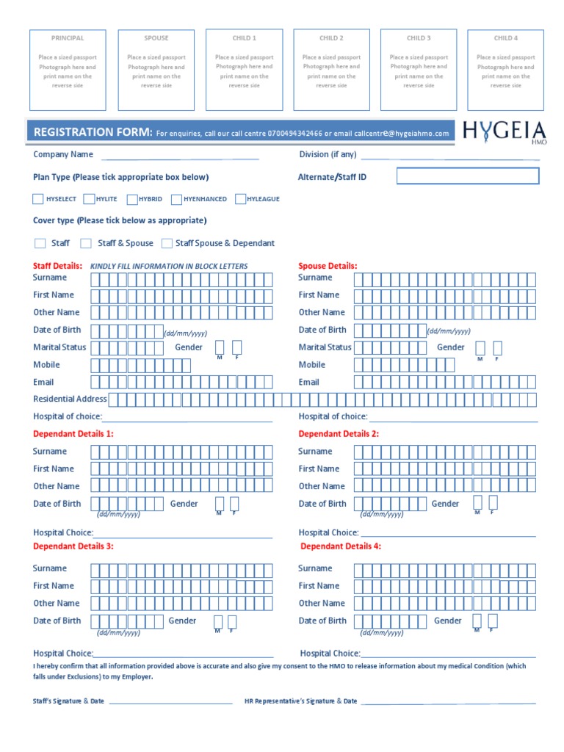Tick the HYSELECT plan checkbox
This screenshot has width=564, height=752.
tap(38, 199)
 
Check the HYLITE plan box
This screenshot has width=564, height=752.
tap(89, 199)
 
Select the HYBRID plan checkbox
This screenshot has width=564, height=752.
tap(132, 199)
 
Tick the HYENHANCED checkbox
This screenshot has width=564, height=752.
tap(176, 199)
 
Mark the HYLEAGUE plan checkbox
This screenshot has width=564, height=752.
tap(239, 199)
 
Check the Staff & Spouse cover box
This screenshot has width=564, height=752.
tap(86, 243)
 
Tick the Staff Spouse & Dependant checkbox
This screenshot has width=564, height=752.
tap(167, 243)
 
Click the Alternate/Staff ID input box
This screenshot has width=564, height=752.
tap(468, 176)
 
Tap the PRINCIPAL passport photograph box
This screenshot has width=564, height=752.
tap(68, 70)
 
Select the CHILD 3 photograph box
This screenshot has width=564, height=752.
tap(419, 70)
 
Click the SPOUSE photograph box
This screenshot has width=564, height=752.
tap(156, 70)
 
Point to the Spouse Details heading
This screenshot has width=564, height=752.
tap(328, 266)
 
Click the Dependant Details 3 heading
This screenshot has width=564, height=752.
tap(73, 546)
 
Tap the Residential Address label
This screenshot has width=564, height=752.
tap(70, 399)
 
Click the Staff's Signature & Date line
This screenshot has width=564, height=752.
tap(170, 702)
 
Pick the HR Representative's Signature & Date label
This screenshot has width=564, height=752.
tap(301, 701)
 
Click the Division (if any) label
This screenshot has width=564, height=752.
tap(328, 154)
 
